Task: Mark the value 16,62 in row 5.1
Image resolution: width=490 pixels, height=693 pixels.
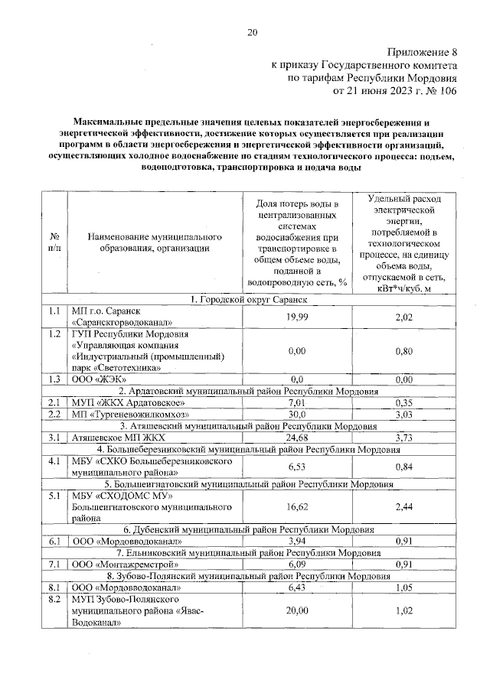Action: (x=296, y=506)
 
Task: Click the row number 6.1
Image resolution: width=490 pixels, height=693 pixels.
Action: (x=54, y=542)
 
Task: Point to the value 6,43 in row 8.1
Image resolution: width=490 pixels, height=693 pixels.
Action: (x=296, y=587)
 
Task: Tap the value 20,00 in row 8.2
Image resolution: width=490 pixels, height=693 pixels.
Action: (x=296, y=611)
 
